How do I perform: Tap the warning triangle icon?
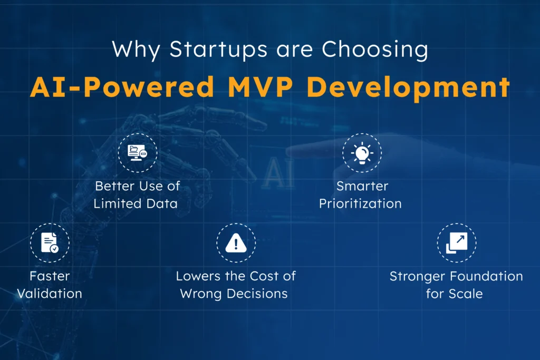[x=236, y=243]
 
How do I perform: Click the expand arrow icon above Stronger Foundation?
[x=456, y=242]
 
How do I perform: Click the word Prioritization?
[x=360, y=203]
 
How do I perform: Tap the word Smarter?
[x=361, y=186]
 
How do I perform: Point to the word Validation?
[x=50, y=294]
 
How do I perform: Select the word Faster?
[x=50, y=276]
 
